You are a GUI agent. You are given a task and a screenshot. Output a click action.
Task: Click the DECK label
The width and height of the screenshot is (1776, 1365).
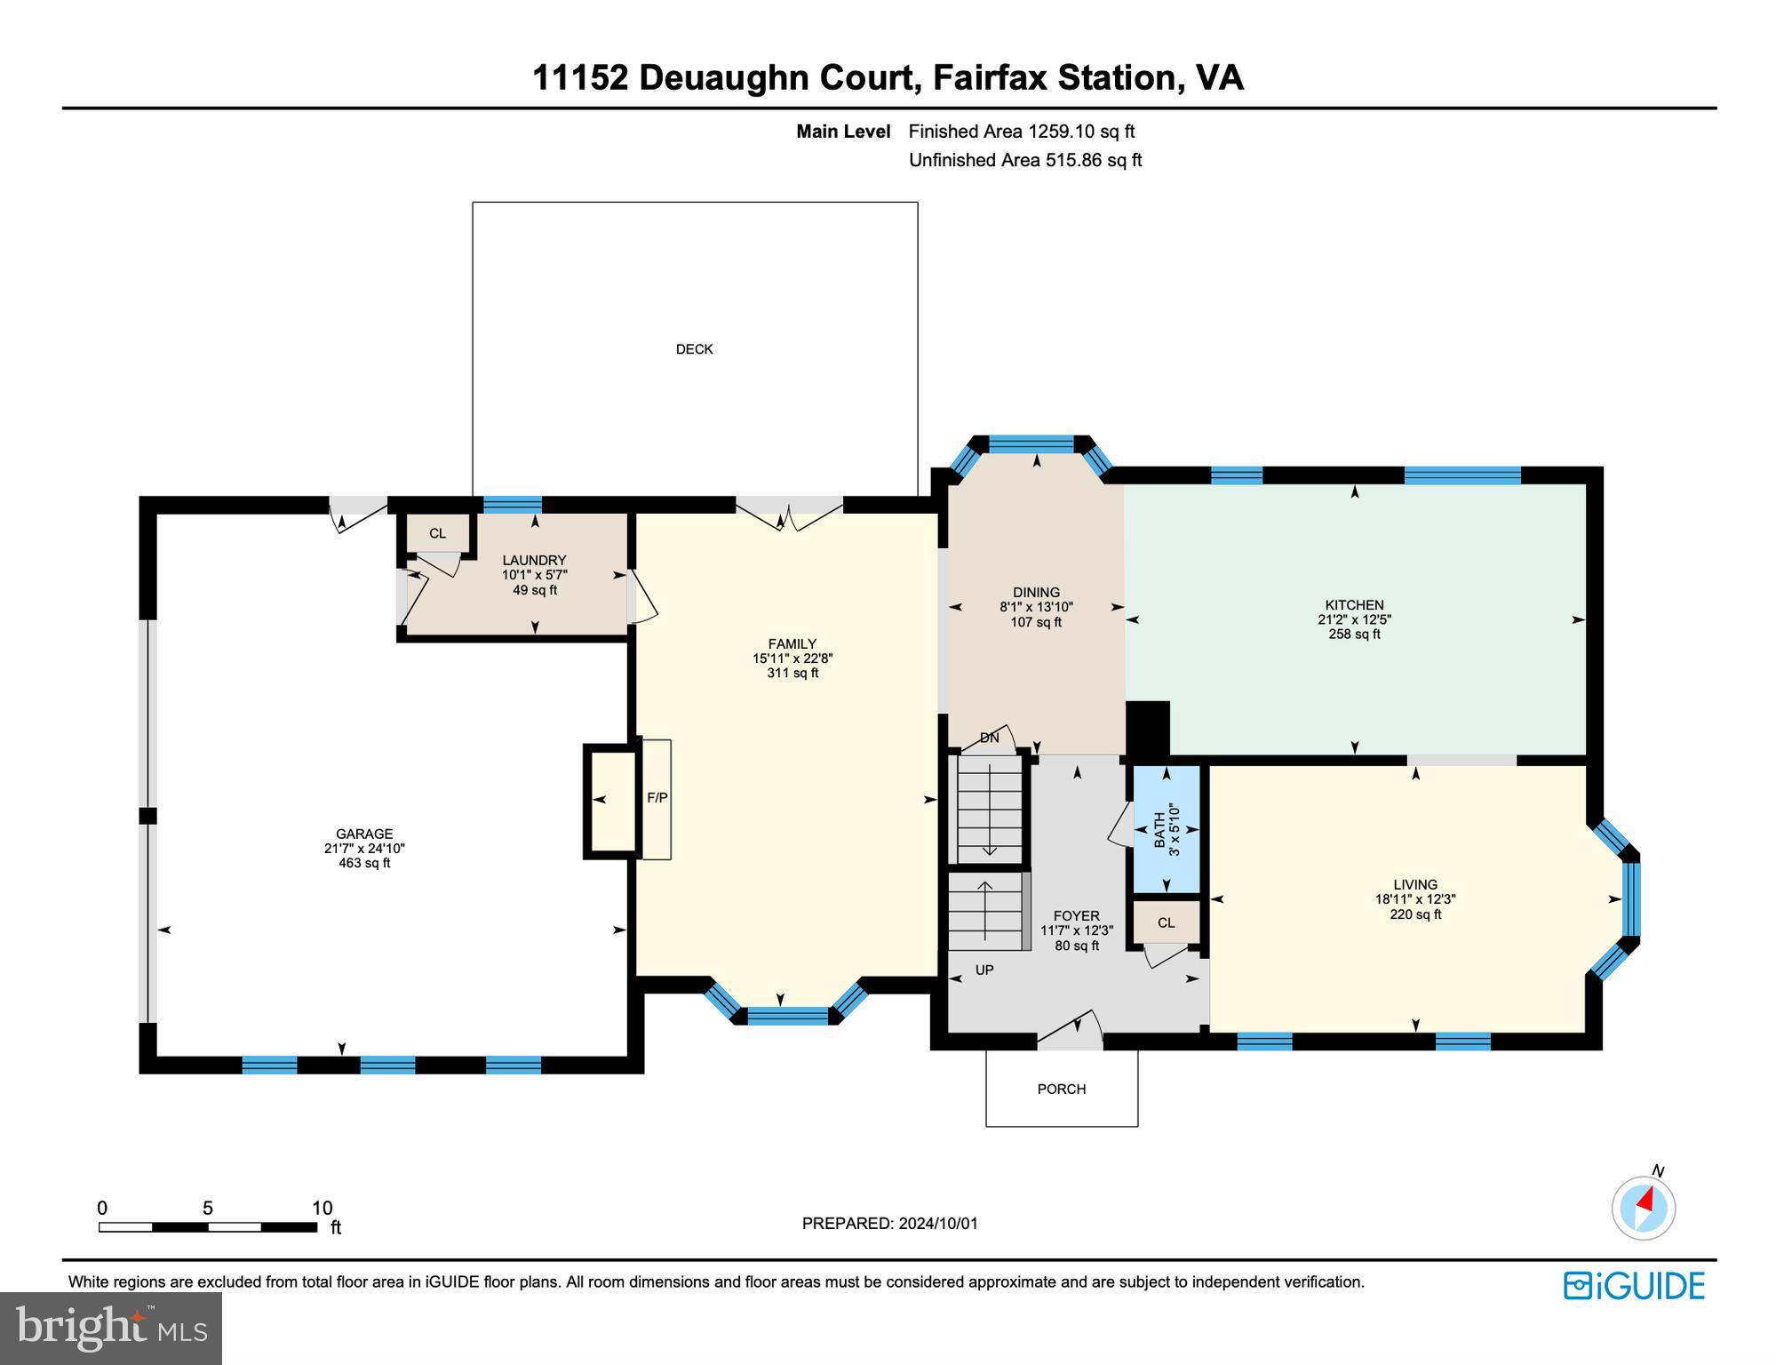694,349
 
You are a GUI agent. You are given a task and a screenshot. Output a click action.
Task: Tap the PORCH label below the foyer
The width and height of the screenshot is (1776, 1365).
1061,1089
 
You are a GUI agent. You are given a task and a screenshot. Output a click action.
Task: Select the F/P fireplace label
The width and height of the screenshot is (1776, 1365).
657,798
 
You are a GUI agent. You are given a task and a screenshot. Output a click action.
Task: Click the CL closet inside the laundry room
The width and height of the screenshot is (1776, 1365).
437,533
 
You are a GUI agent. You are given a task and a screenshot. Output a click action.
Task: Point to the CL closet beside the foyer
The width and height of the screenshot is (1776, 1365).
1166,922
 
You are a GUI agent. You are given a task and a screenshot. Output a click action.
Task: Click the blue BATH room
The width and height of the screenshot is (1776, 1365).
1166,830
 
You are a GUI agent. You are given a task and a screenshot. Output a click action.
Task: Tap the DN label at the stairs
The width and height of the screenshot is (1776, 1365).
989,738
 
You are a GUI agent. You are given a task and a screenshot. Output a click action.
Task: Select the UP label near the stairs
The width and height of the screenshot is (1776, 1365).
984,970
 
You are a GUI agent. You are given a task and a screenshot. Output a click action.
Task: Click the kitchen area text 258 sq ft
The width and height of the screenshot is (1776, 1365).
1354,635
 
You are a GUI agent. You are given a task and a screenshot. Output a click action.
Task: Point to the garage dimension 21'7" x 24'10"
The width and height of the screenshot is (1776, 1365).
364,849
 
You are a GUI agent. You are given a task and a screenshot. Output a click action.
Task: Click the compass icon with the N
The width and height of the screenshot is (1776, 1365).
1644,1208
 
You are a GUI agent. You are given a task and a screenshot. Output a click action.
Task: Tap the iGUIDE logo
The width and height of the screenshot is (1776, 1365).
1634,1286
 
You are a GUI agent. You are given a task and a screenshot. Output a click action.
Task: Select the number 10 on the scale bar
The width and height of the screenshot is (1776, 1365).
322,1208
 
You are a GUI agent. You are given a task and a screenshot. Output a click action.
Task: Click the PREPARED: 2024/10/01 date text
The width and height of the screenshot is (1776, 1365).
889,1224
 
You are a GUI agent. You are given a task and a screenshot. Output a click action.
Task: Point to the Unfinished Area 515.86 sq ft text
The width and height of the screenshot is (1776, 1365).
1024,160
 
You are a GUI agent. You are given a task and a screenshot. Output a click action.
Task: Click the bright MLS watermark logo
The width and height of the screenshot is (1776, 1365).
111,1328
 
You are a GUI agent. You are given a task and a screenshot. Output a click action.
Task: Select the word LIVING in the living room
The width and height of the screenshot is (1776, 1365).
1414,884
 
